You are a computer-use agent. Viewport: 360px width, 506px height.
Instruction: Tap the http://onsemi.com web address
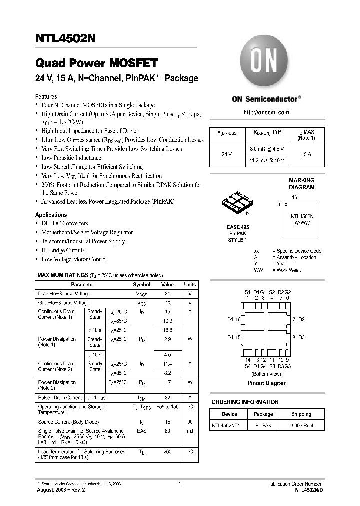[x=266, y=113]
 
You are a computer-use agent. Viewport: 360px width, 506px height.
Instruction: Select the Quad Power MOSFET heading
[x=96, y=63]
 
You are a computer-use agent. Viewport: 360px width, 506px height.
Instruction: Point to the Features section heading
[x=46, y=96]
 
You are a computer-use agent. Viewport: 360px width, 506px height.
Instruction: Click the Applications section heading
[x=51, y=214]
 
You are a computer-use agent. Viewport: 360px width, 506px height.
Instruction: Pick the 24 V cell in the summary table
[x=226, y=154]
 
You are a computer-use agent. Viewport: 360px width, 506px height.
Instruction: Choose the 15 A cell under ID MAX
[x=306, y=154]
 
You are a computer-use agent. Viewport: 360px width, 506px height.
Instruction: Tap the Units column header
[x=190, y=284]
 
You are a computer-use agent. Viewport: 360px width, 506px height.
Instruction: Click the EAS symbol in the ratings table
[x=142, y=431]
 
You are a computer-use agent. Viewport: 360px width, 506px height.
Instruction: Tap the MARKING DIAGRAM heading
[x=302, y=184]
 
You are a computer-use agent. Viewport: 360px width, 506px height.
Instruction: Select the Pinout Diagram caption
[x=267, y=383]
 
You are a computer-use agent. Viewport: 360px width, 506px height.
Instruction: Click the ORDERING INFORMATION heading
[x=245, y=402]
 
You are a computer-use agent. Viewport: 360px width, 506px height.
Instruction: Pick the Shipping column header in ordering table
[x=301, y=414]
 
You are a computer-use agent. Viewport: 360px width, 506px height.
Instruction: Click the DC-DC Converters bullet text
[x=65, y=223]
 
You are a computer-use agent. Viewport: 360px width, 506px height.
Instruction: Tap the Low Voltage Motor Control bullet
[x=74, y=259]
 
